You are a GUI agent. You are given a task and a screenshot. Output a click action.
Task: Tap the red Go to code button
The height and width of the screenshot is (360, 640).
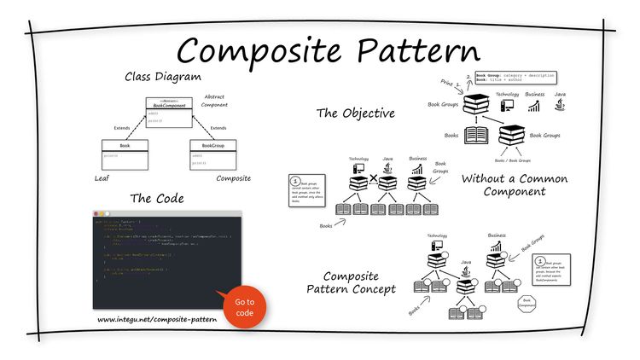click(245, 307)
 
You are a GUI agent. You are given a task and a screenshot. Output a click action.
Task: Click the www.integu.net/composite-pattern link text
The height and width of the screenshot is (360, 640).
click(157, 320)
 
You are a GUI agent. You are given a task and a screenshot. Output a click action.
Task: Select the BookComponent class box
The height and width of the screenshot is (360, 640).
click(169, 112)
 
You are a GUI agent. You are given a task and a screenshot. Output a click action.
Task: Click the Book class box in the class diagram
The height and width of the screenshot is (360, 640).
click(124, 154)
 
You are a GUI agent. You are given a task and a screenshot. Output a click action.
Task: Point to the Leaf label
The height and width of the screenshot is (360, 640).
click(102, 179)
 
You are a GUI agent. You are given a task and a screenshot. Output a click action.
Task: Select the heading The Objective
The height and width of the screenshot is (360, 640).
click(355, 113)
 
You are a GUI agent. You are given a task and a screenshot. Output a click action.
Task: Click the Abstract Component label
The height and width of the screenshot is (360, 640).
click(214, 102)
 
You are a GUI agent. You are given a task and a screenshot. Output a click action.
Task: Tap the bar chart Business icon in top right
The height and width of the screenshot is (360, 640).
click(536, 107)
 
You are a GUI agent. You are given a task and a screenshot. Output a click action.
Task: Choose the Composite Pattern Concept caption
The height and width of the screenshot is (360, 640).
click(351, 282)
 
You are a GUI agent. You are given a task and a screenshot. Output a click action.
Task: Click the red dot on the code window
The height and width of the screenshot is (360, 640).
click(97, 212)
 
